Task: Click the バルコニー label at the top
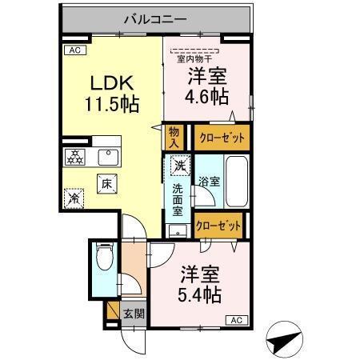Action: tap(155, 17)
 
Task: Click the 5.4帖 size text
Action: tap(199, 294)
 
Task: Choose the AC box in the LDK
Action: tap(74, 50)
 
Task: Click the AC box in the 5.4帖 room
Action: tap(237, 320)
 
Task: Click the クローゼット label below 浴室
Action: tap(218, 226)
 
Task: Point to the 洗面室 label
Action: tap(178, 199)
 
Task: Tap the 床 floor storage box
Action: tap(106, 183)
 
